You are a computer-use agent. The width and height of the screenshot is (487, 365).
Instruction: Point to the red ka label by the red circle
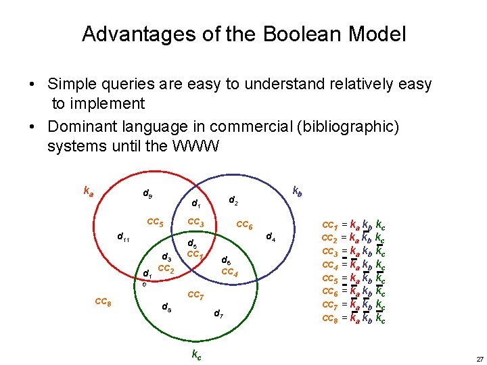click(x=88, y=191)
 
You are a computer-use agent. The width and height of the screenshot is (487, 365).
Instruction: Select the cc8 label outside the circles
click(x=103, y=301)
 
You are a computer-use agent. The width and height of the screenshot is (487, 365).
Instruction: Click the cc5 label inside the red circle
click(x=156, y=222)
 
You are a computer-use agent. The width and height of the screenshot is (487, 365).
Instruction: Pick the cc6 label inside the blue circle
click(x=244, y=226)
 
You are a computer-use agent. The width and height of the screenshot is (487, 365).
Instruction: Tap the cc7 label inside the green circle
click(x=195, y=295)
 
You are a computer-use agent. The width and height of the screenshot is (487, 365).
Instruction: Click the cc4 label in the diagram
click(x=229, y=272)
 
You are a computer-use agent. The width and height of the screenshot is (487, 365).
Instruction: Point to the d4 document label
click(x=270, y=237)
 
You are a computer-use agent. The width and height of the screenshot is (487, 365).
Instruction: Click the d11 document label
click(x=124, y=237)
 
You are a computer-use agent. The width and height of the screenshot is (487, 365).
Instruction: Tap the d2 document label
click(x=233, y=200)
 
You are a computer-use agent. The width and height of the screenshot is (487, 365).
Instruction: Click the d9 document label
click(x=147, y=195)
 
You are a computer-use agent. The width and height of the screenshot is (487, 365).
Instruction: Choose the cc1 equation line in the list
click(x=354, y=224)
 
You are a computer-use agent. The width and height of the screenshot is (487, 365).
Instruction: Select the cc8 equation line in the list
click(x=354, y=318)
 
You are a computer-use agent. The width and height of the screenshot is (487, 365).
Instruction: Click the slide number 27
click(x=479, y=358)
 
